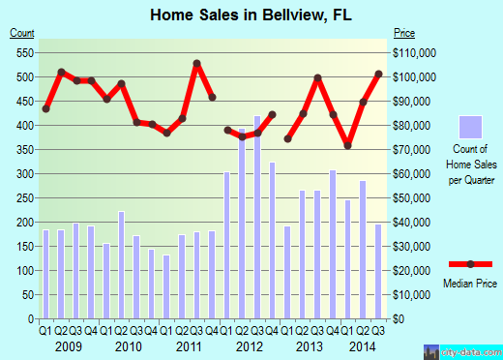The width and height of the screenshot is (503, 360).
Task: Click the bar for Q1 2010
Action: (106, 281)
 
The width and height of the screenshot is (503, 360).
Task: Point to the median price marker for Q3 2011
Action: (196, 64)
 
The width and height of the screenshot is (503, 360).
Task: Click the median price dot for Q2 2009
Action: (61, 72)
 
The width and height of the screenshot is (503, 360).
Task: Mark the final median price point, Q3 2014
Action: (378, 74)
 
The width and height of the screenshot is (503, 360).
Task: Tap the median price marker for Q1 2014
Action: (347, 145)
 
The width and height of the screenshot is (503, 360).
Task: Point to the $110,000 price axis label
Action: (414, 52)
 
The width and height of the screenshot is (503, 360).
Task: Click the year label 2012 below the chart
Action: (250, 345)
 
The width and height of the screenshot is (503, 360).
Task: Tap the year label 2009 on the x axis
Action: (69, 345)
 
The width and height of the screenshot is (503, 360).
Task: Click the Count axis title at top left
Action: (22, 34)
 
